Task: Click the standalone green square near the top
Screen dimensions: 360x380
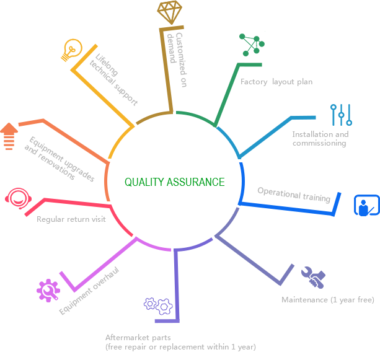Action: pyautogui.click(x=252, y=43)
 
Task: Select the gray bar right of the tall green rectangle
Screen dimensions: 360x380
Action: pyautogui.click(x=276, y=82)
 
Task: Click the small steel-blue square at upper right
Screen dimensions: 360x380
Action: pyautogui.click(x=341, y=115)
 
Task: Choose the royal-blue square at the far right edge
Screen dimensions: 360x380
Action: pyautogui.click(x=366, y=205)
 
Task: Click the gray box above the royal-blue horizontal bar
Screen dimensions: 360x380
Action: pyautogui.click(x=291, y=195)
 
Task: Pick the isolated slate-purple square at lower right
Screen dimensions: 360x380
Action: pyautogui.click(x=313, y=278)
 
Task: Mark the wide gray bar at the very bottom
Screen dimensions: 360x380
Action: pyautogui.click(x=180, y=342)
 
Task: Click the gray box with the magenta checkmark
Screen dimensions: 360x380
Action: pyautogui.click(x=82, y=291)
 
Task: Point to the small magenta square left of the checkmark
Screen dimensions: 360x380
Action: pyautogui.click(x=48, y=291)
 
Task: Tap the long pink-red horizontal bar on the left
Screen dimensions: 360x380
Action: pyautogui.click(x=58, y=203)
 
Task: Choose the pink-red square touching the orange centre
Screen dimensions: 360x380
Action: pyautogui.click(x=120, y=220)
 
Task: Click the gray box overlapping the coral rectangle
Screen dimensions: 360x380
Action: pyautogui.click(x=63, y=159)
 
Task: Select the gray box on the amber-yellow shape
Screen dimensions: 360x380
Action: pyautogui.click(x=107, y=79)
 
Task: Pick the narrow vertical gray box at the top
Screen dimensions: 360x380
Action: pyautogui.click(x=177, y=59)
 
